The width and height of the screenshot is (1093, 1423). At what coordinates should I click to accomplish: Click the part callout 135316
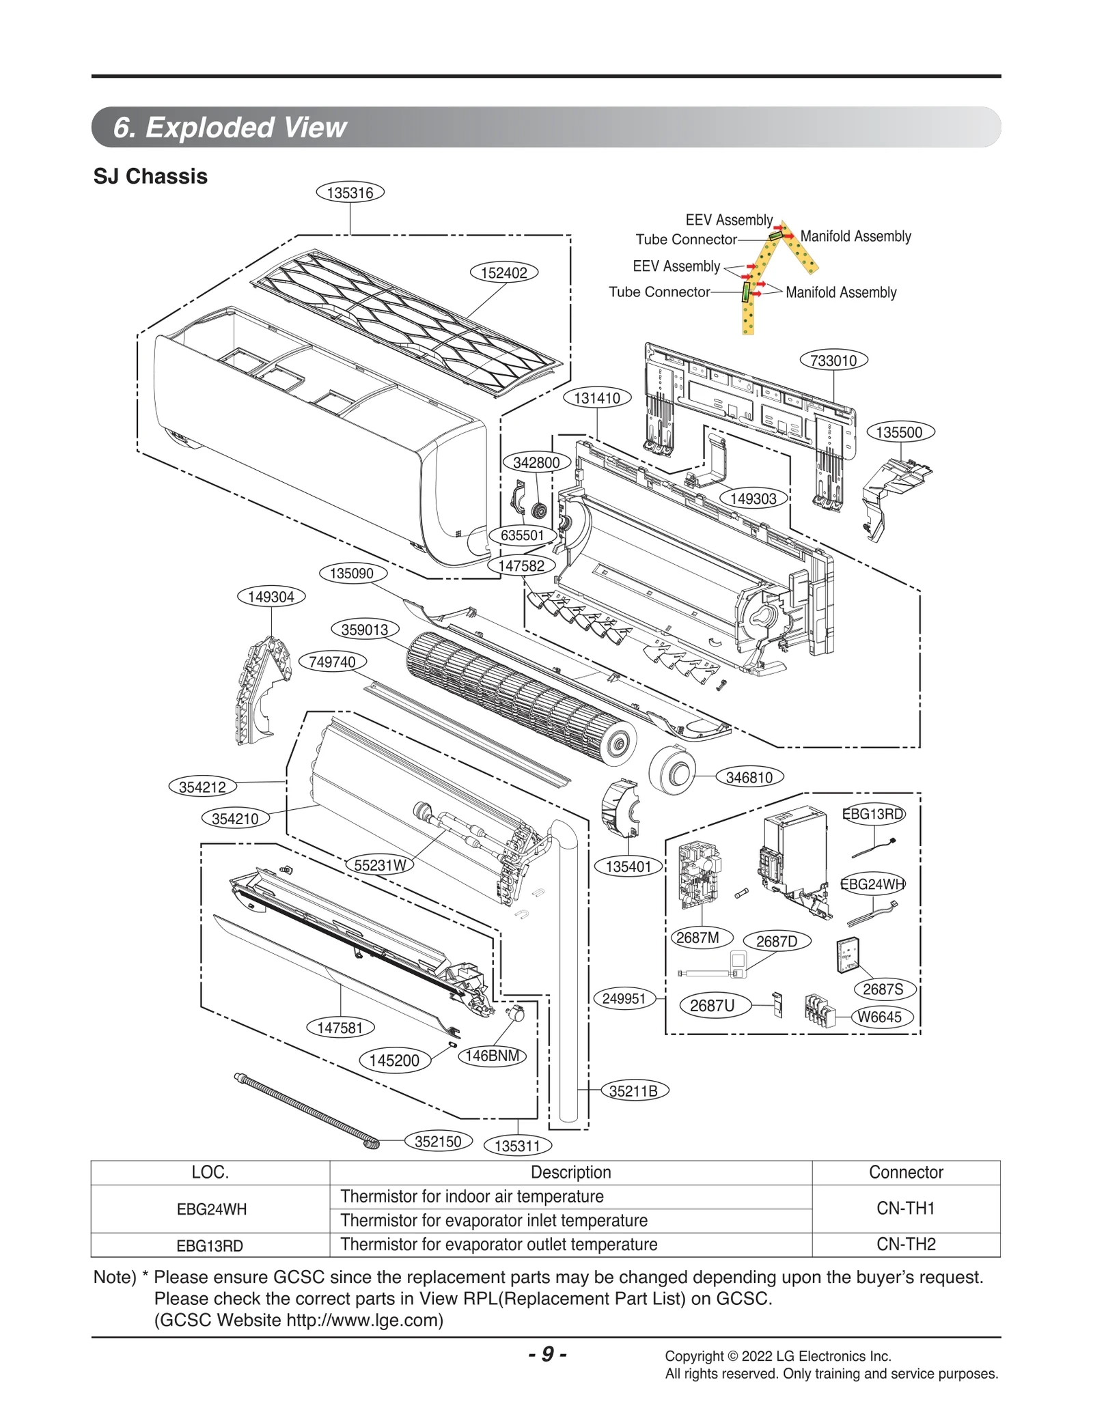point(350,193)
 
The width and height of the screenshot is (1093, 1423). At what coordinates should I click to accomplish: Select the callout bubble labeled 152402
point(503,272)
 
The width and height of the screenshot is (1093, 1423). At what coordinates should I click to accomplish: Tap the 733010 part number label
point(833,360)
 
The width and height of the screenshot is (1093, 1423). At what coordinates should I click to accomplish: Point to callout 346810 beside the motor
point(749,777)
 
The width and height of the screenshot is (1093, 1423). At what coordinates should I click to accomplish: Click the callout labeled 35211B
point(633,1090)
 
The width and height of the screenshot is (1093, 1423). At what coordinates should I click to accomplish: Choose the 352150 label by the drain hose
point(438,1141)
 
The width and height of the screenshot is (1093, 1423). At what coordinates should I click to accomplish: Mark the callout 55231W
point(380,865)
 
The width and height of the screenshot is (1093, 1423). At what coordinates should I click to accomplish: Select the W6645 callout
point(879,1017)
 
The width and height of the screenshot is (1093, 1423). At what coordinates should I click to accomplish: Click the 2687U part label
point(712,1005)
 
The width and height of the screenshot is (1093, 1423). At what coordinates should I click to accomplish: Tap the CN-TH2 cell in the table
point(905,1244)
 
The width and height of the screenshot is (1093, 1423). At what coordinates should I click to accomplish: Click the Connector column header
point(905,1172)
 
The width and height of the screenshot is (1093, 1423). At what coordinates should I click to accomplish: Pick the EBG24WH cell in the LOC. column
point(211,1209)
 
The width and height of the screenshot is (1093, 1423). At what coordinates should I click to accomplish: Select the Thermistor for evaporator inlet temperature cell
point(493,1220)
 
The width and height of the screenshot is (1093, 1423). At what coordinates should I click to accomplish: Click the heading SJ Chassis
point(150,176)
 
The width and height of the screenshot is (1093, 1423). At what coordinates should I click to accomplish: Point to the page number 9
point(547,1353)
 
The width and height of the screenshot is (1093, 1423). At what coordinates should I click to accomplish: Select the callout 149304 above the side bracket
point(271,596)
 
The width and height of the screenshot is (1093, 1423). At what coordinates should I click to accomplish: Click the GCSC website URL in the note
point(363,1320)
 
